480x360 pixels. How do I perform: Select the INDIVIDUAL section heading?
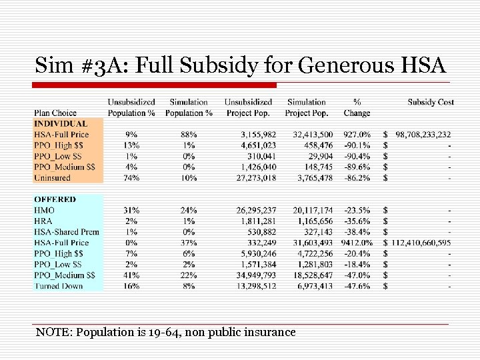click(x=61, y=123)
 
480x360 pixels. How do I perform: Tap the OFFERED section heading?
click(x=55, y=199)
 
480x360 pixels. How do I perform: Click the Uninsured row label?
click(x=52, y=178)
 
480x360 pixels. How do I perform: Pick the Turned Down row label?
click(x=59, y=286)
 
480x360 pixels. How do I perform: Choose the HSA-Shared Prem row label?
click(x=67, y=232)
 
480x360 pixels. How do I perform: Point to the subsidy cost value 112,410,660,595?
click(x=421, y=243)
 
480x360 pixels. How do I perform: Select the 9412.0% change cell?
click(x=357, y=243)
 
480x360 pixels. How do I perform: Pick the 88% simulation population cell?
click(x=189, y=135)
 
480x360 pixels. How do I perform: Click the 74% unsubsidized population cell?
click(x=131, y=178)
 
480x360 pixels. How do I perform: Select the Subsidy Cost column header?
click(x=431, y=102)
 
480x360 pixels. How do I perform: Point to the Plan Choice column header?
click(x=55, y=113)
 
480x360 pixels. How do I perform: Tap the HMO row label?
click(x=44, y=210)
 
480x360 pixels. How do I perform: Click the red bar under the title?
click(x=155, y=85)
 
